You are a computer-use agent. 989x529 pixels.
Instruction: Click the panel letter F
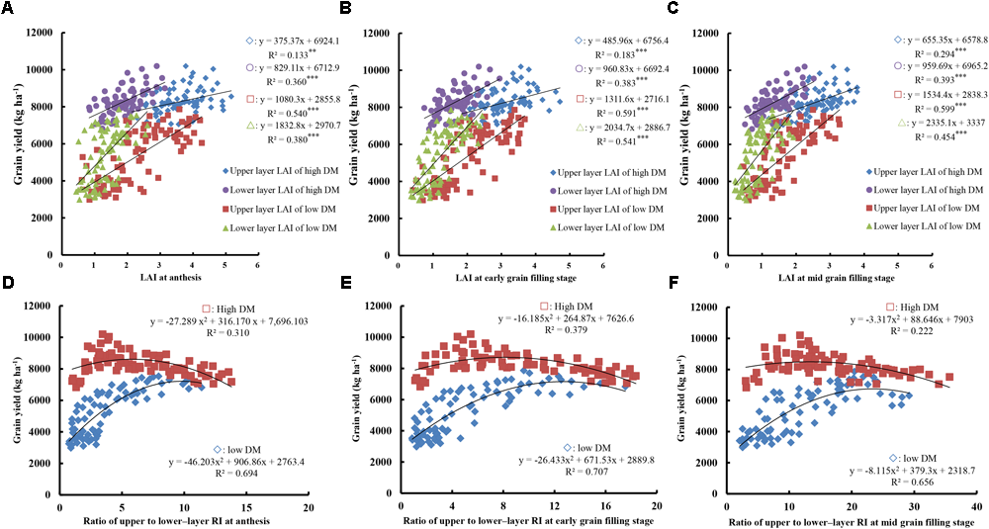click(x=671, y=281)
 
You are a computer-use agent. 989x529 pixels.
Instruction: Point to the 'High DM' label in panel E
click(x=568, y=305)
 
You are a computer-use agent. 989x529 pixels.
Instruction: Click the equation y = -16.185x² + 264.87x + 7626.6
click(x=585, y=317)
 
